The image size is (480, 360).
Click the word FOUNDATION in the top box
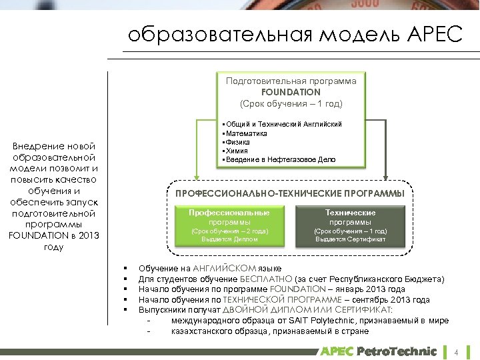pyautogui.click(x=291, y=92)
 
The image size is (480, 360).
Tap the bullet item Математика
pyautogui.click(x=247, y=133)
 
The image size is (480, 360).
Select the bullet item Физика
pyautogui.click(x=240, y=142)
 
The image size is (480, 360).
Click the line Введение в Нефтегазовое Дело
pyautogui.click(x=281, y=159)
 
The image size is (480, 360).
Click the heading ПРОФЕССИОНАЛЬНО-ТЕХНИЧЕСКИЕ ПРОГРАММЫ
pyautogui.click(x=289, y=193)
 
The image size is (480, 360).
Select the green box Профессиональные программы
pyautogui.click(x=229, y=225)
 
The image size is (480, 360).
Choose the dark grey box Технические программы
pyautogui.click(x=350, y=225)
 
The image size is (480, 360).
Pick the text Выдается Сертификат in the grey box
pyautogui.click(x=350, y=239)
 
